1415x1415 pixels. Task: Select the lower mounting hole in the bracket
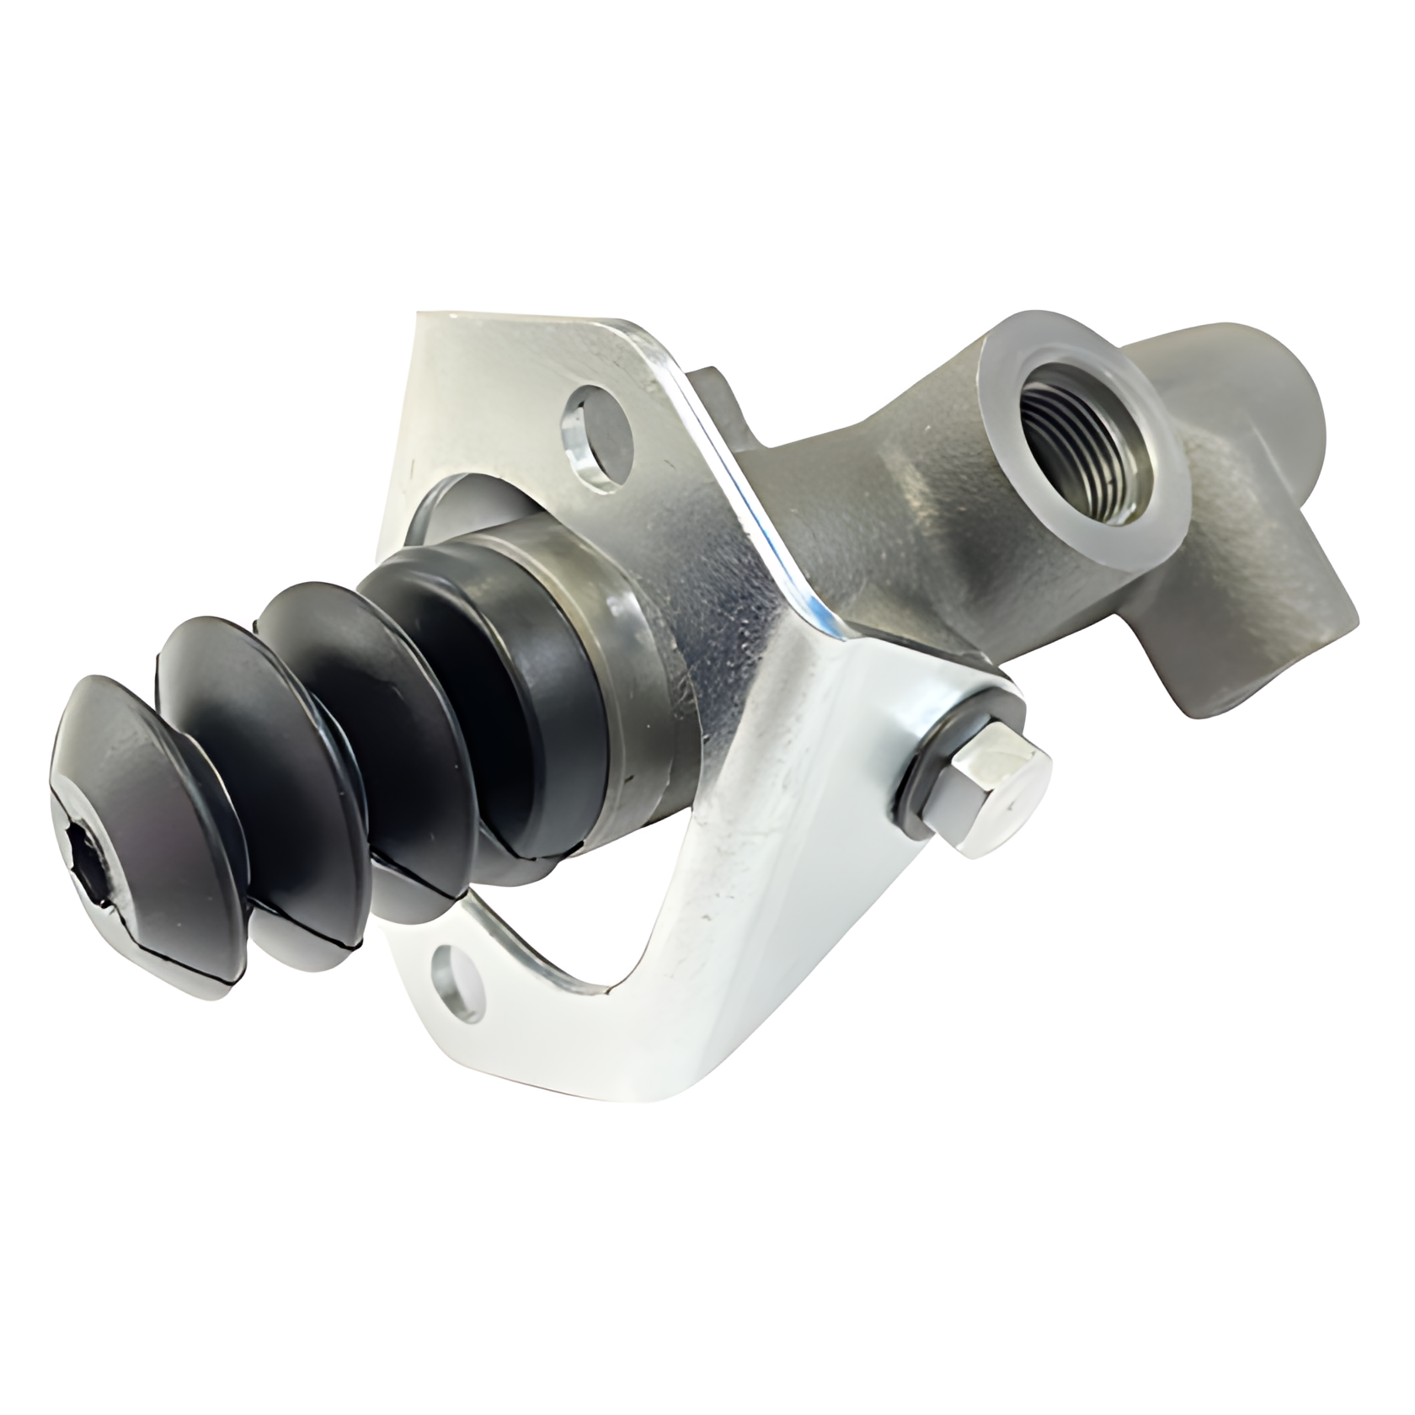[456, 977]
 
